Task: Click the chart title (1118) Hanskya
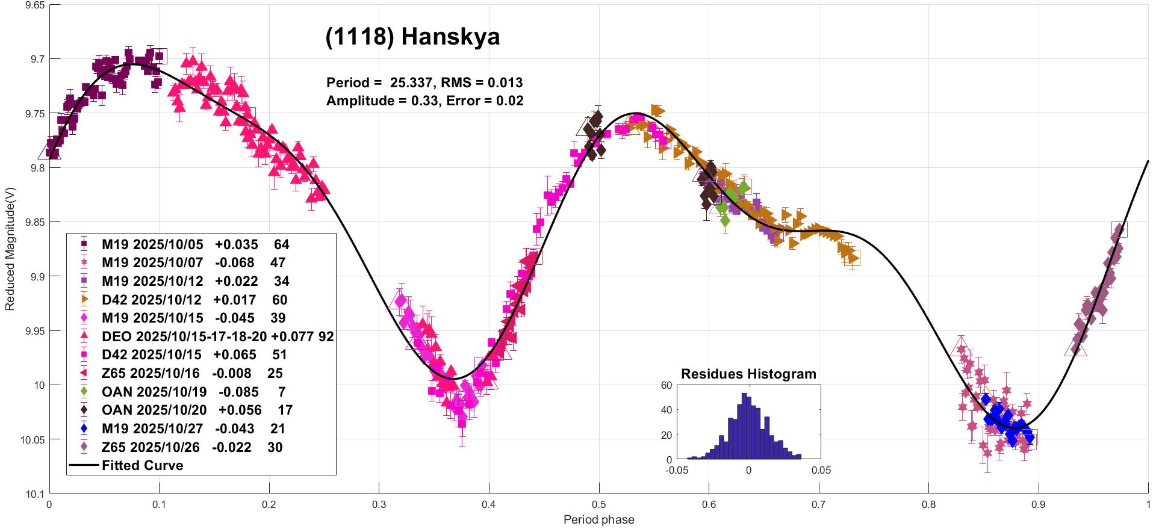[x=412, y=37]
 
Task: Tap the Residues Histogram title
[x=748, y=374]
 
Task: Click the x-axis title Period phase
[x=598, y=519]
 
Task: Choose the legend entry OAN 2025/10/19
[x=154, y=392]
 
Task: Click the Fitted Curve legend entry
[x=142, y=465]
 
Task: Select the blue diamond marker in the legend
[x=84, y=428]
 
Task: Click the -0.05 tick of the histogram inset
[x=677, y=470]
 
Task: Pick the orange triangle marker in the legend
[x=84, y=300]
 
